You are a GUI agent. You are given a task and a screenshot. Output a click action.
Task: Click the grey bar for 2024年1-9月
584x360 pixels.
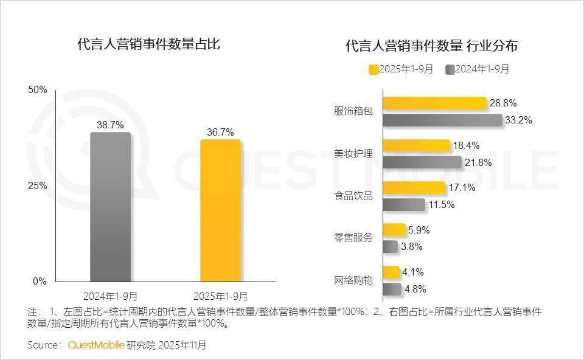pos(110,207)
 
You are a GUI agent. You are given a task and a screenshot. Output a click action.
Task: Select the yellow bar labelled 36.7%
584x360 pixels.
pos(220,210)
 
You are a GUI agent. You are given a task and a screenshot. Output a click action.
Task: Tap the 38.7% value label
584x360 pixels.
pos(110,125)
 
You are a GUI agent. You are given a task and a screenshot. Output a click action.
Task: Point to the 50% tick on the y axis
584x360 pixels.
pos(38,90)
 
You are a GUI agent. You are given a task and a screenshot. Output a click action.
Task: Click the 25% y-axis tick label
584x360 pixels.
pos(38,185)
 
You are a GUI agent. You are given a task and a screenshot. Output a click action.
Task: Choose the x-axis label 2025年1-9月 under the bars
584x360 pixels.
pos(220,296)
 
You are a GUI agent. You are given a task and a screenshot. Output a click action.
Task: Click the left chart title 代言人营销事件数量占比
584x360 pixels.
pos(148,44)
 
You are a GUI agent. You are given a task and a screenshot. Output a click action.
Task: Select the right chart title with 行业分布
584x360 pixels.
pos(431,46)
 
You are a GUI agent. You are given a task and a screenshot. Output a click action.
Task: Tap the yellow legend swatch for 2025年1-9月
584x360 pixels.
pos(374,69)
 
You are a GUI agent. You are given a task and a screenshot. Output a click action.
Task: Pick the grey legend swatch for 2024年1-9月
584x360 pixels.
pos(450,69)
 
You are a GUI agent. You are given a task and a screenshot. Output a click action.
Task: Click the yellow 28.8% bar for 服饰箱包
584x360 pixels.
pos(434,103)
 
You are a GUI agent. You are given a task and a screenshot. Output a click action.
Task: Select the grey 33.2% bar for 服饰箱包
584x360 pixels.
pos(442,120)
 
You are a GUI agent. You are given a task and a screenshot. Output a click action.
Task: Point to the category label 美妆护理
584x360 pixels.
pos(353,154)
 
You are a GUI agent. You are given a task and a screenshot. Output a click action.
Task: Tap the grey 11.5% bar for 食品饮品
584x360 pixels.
pos(404,205)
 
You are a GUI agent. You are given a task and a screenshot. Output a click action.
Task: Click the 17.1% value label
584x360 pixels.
pos(462,188)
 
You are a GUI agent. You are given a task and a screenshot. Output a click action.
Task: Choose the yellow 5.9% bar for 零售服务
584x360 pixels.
pos(394,230)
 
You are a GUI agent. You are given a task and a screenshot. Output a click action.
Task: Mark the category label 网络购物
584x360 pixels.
pos(353,280)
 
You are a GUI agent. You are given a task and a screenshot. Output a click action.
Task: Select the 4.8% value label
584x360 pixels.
pos(415,289)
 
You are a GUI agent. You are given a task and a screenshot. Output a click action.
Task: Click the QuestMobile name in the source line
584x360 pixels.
pos(96,345)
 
